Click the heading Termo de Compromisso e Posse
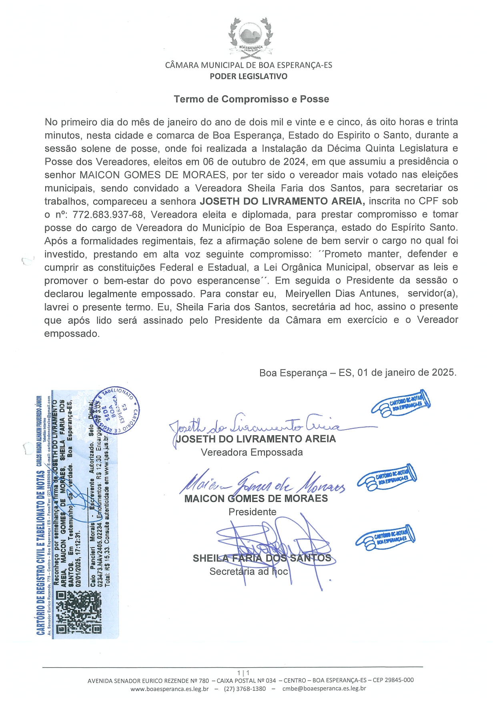pos(251,99)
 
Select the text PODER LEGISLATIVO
pos(248,76)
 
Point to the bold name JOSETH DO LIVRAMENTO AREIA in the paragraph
pos(282,201)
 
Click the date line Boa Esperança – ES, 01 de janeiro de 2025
pos(358,372)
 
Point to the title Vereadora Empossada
pos(252,452)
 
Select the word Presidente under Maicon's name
pos(253,512)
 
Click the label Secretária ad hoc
pos(248,572)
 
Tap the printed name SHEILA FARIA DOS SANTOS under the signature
pos(262,558)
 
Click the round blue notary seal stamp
pos(117,410)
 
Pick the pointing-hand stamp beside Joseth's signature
pos(401,403)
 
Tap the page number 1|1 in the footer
pos(243,673)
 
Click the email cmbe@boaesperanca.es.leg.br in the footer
pos(324,688)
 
